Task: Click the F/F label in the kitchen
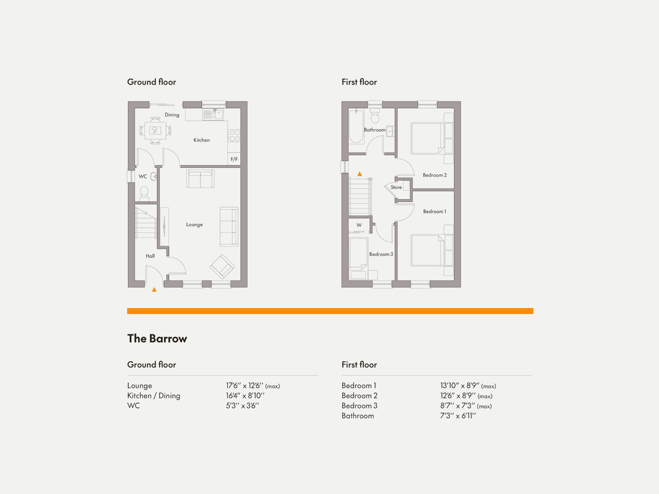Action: pos(234,159)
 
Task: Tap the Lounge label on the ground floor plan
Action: pos(194,224)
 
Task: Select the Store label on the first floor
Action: pos(396,187)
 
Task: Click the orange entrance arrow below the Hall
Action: pos(154,289)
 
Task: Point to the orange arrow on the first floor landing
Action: pos(360,174)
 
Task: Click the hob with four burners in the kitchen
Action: pos(234,136)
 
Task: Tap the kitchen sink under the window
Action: pos(213,114)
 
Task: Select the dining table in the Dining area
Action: pos(155,130)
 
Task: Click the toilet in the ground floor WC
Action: pos(144,193)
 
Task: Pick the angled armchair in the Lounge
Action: pos(222,267)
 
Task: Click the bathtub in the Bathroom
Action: pos(356,126)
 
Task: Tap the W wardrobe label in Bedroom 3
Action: pos(359,225)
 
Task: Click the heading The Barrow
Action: pos(157,339)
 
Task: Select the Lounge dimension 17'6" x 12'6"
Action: pos(253,385)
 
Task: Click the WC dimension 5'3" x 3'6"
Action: pos(242,406)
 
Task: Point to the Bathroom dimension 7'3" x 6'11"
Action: pos(458,416)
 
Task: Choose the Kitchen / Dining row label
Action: pos(153,396)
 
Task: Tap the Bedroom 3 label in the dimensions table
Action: pos(359,406)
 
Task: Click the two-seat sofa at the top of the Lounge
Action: pos(201,179)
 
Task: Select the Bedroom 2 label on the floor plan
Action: pos(434,175)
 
